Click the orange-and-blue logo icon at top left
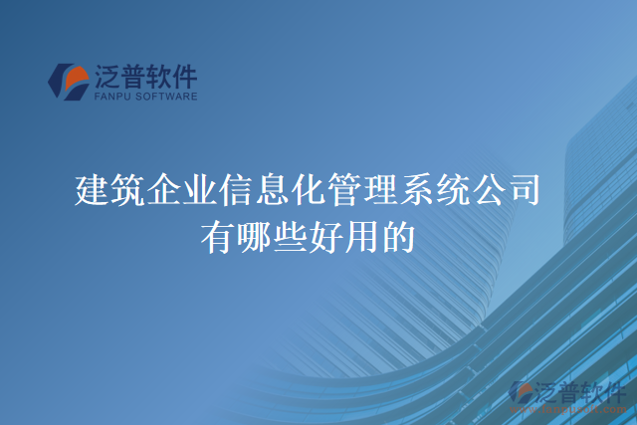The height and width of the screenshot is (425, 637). (x=68, y=82)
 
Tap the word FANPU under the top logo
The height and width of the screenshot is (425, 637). (x=112, y=97)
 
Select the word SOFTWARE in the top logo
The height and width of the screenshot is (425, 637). (x=166, y=97)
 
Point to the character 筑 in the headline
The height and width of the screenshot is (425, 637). (x=128, y=189)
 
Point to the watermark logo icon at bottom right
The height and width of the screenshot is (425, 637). (x=523, y=392)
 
